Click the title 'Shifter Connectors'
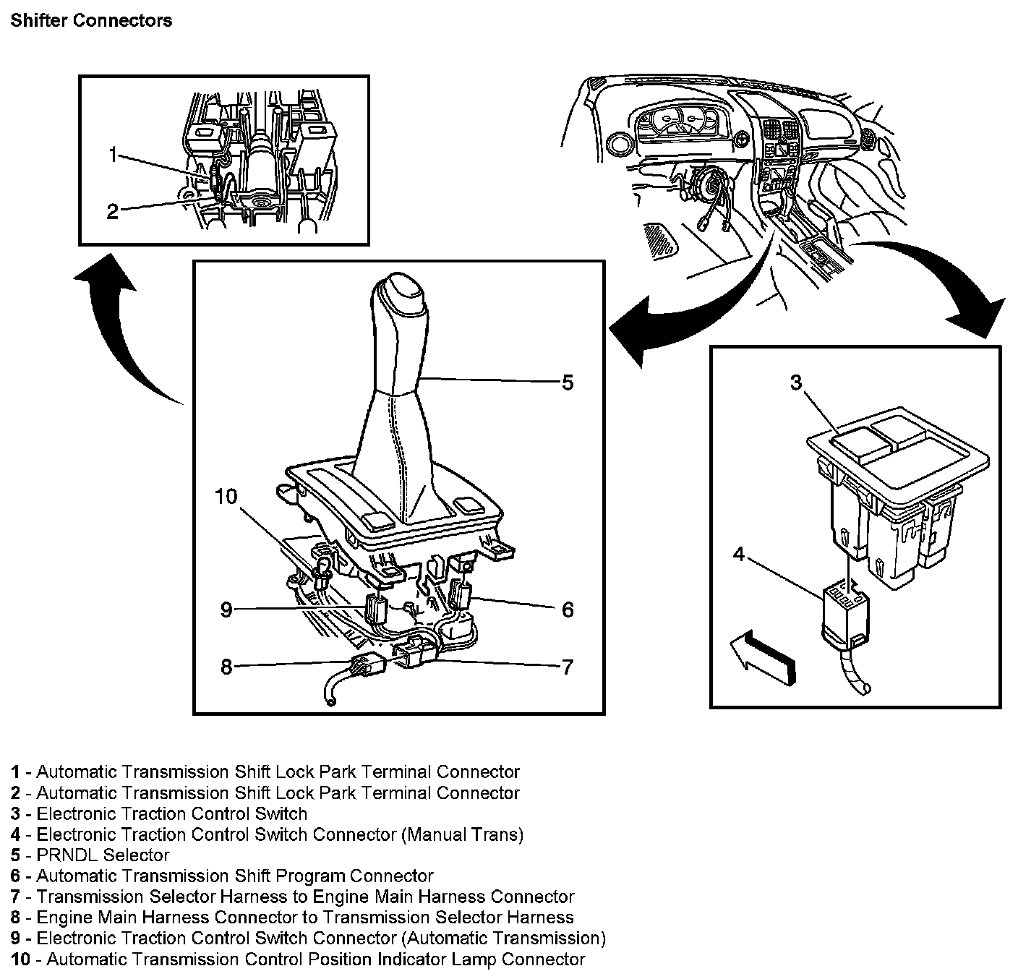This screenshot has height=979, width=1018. [91, 20]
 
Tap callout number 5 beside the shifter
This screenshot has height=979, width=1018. [568, 382]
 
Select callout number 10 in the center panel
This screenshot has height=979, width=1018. [226, 497]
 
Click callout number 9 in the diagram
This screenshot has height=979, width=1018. [226, 610]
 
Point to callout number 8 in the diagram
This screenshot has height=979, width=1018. [226, 667]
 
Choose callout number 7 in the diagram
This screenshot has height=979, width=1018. [568, 667]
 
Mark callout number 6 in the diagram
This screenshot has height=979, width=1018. [568, 610]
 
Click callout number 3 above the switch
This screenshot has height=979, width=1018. [796, 382]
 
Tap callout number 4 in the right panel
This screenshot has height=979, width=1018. [738, 555]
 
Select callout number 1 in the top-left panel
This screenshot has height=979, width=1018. [113, 154]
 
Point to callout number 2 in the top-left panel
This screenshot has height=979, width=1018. [113, 212]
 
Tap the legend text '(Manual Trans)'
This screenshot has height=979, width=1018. [462, 834]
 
